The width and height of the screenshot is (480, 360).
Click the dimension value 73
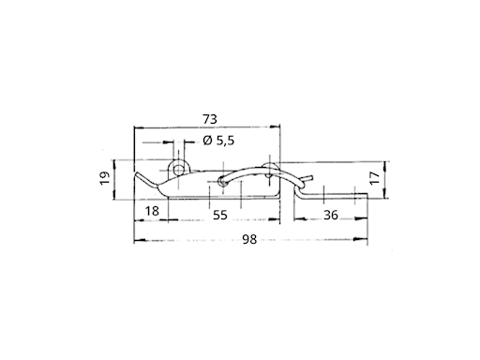[210, 119]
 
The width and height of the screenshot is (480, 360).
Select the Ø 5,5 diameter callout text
[218, 141]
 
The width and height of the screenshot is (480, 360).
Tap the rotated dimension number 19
[105, 178]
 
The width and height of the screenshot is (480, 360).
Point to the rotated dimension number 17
[375, 177]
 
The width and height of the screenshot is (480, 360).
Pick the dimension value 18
[152, 211]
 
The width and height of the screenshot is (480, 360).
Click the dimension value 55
[220, 215]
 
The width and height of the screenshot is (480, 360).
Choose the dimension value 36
[331, 215]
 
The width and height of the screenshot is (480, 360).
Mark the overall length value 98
[249, 240]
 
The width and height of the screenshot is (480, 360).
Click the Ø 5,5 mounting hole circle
[178, 171]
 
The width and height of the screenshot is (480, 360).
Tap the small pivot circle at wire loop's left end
[222, 182]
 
